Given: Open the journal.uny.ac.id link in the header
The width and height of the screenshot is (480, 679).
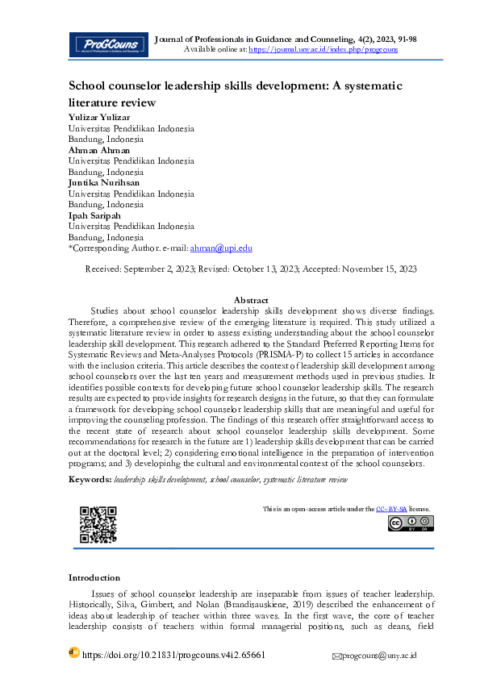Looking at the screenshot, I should pos(323,49).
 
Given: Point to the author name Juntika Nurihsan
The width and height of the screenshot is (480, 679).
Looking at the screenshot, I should pos(104,183).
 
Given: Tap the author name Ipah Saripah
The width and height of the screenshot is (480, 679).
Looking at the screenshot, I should pos(94,215).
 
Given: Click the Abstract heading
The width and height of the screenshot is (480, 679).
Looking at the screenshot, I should pos(251,299).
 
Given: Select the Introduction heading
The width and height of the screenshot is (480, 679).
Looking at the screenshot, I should pos(94,577).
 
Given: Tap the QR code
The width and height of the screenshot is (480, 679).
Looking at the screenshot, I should pos(98,524).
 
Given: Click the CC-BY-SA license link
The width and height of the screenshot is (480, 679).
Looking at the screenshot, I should pos(391,509).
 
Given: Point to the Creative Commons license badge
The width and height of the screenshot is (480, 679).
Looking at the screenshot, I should pos(411,523).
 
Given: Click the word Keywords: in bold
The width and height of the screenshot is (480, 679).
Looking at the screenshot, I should pos(90,479).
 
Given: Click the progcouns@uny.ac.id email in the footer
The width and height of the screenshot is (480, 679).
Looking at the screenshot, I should pos(380,656).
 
